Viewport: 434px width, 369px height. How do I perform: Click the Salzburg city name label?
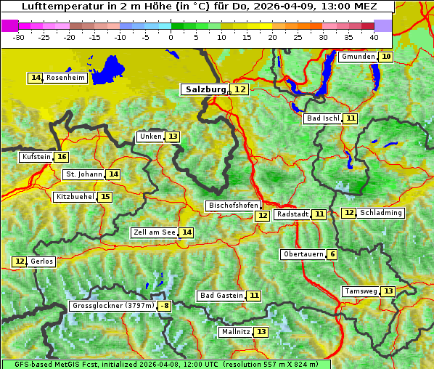pos(206,89)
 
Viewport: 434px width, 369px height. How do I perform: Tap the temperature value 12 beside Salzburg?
pos(239,89)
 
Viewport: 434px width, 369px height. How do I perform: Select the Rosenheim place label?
pos(65,78)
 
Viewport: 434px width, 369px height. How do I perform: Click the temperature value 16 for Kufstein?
pos(62,157)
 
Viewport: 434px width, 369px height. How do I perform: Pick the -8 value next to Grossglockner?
pos(165,306)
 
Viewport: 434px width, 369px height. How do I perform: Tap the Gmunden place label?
pos(358,57)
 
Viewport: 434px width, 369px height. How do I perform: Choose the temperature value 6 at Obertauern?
pos(332,254)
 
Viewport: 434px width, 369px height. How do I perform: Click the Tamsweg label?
pos(361,291)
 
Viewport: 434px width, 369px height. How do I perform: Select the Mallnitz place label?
pos(236,332)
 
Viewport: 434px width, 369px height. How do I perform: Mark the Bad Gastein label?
pos(221,296)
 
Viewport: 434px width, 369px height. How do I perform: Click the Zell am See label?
pos(155,232)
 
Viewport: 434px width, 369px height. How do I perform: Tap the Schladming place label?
pos(381,213)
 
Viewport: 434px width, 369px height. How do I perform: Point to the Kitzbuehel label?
pos(75,197)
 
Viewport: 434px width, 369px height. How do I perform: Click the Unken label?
pos(150,137)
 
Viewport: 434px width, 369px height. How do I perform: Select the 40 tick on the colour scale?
pos(373,37)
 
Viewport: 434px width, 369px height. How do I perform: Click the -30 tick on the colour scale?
pos(19,37)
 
